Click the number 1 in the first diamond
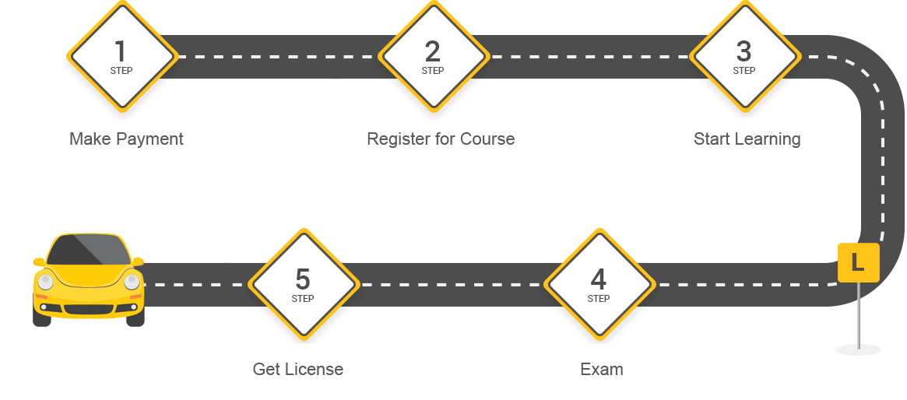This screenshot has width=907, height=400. pos(121,51)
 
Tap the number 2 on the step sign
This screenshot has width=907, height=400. pos(432,51)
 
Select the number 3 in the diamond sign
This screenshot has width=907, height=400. pos(744,51)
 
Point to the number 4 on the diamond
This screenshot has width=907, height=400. pos(598,279)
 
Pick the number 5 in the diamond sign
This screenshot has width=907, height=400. pos(302,279)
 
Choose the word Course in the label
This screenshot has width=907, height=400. pos(488,139)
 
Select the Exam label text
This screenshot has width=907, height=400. pos(602,370)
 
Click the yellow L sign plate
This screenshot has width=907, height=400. pos(858,263)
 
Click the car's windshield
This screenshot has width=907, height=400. pos(88,250)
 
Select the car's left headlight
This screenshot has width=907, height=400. pos(46,282)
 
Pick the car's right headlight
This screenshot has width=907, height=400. pos(132,282)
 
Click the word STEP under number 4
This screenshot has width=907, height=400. pos(598,299)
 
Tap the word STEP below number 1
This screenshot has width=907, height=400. pos(121,71)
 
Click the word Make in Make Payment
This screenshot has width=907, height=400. pos(89,139)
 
